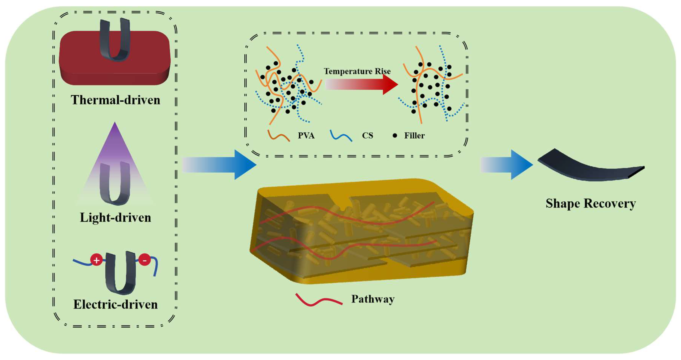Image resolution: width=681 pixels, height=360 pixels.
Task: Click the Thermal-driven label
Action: [x=116, y=100]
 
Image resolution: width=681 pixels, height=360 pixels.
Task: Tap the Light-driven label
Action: [x=116, y=218]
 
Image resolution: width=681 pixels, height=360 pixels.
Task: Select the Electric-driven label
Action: [x=116, y=304]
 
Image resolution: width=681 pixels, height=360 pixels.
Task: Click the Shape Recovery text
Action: [x=591, y=204]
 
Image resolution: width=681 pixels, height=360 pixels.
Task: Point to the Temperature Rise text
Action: [x=357, y=71]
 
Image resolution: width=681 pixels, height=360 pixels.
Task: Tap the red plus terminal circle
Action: [x=96, y=260]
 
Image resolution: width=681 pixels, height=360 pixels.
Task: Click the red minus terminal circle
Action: [x=145, y=260]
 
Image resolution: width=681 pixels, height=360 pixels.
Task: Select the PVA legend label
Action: [x=306, y=135]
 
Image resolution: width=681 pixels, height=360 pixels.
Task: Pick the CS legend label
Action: [x=367, y=135]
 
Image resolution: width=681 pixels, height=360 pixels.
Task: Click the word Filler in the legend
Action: [x=414, y=135]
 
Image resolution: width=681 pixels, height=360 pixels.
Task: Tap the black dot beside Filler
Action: [x=395, y=135]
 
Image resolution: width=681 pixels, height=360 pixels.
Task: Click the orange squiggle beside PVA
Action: [x=279, y=135]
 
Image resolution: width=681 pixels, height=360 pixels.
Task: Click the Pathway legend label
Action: [x=373, y=299]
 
